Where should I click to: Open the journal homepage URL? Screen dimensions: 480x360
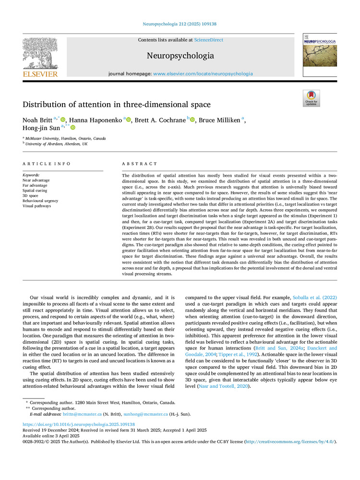(203, 74)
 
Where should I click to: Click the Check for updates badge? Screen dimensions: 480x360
(311, 98)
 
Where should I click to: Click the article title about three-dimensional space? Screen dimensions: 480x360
(117, 104)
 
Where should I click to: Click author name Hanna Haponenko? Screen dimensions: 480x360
(96, 120)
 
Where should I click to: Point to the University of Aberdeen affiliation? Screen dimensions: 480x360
(57, 144)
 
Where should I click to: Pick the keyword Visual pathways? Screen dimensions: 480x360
(37, 206)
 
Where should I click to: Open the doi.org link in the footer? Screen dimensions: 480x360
(79, 424)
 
